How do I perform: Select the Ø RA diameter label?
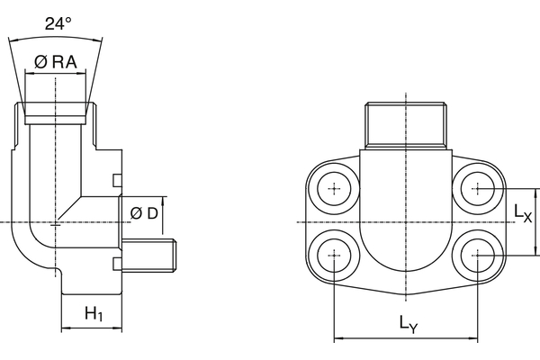56,62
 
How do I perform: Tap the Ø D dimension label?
143,212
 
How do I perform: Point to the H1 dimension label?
93,314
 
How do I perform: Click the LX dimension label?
523,212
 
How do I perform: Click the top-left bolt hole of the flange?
335,189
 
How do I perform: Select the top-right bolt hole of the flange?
478,189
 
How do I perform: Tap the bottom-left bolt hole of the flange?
335,255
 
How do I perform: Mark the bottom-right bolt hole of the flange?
478,255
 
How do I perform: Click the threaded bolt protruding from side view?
151,256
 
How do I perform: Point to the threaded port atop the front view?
406,126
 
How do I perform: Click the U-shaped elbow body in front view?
406,225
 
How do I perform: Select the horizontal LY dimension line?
406,339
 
